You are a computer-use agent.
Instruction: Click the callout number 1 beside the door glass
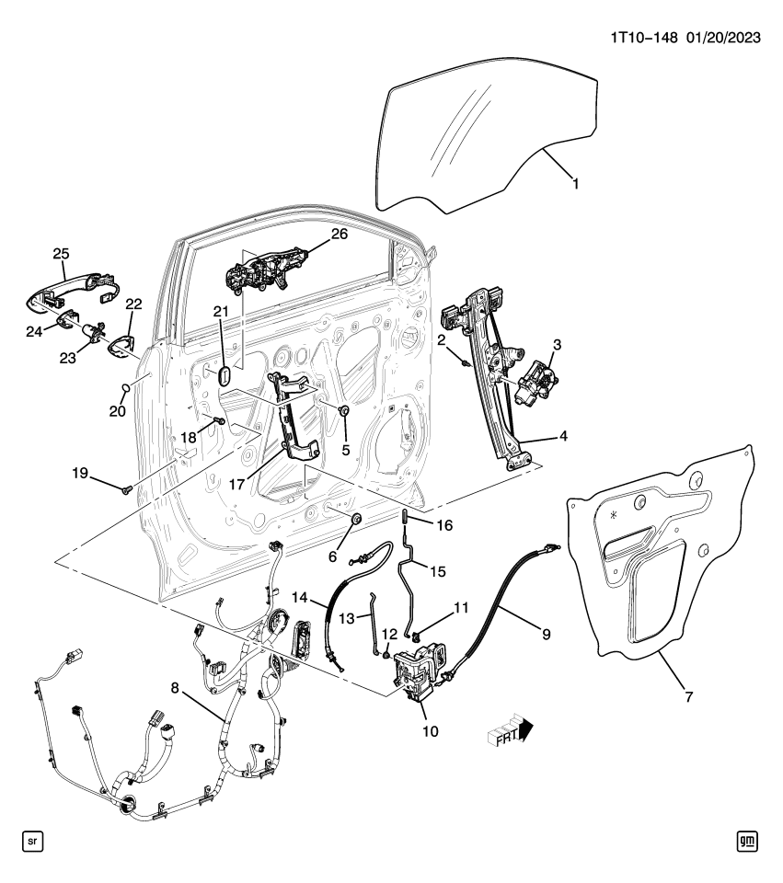coord(575,184)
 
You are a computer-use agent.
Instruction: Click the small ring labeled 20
coord(126,386)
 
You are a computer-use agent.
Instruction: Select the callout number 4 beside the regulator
coord(561,436)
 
